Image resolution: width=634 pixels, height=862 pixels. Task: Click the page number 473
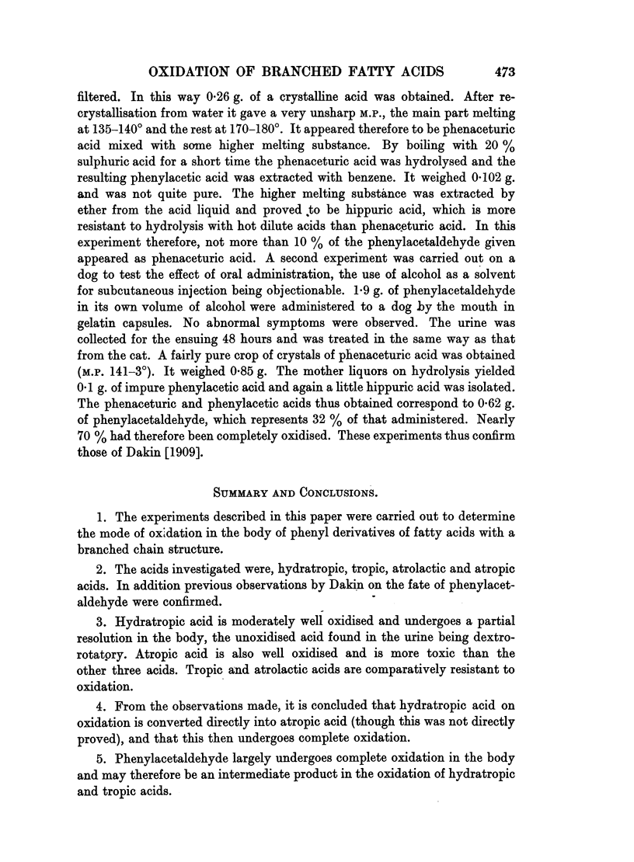tap(504, 72)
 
